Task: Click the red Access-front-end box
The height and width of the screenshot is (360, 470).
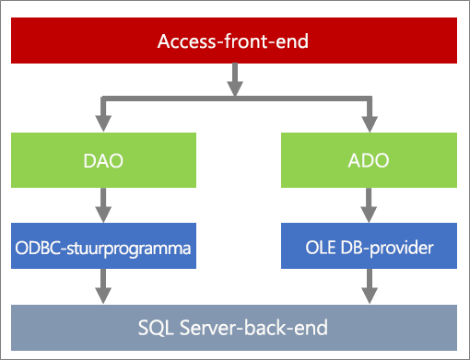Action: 234,41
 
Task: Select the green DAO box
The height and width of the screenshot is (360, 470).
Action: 103,160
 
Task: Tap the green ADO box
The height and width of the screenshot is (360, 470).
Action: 369,160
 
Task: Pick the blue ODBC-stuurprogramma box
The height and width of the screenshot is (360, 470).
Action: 103,246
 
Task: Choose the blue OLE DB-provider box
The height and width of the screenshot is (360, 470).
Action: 369,246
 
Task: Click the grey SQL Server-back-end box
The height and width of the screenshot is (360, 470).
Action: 234,328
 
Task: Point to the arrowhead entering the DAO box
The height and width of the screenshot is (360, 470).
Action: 103,123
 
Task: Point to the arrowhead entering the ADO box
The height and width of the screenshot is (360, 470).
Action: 370,123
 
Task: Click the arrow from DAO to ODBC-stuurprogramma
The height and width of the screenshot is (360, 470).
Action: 103,205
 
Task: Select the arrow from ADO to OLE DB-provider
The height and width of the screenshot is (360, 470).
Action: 369,205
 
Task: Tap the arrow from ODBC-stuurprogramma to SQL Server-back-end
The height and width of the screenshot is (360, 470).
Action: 103,286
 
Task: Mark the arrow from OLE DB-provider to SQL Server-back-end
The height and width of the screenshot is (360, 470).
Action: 370,286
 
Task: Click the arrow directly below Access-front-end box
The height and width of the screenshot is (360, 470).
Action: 235,80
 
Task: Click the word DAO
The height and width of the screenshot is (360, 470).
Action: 103,160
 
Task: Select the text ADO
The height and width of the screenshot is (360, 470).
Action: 369,160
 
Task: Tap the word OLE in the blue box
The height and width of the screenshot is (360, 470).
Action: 320,248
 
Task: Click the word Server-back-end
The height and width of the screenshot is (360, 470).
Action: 253,327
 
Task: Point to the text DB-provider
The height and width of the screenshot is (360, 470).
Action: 387,248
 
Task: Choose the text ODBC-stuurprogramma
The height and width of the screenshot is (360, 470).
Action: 103,249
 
